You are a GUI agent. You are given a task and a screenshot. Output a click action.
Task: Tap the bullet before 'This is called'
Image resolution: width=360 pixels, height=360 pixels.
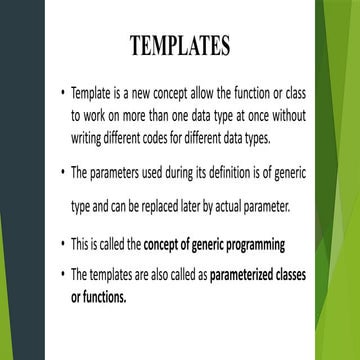pyautogui.click(x=62, y=242)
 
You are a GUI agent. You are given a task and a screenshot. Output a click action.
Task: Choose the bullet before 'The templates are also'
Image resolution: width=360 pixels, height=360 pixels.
pyautogui.click(x=62, y=272)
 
